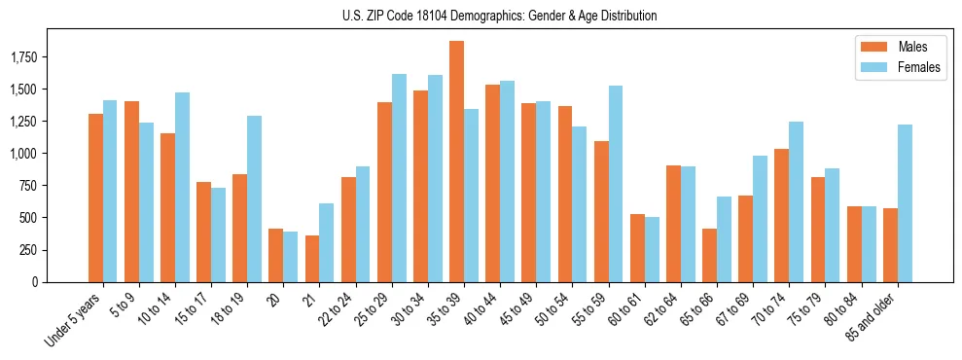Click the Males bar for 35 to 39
tap(456, 162)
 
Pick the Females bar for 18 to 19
tap(254, 199)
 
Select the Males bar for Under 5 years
tap(95, 198)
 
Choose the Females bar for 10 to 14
tap(182, 187)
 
